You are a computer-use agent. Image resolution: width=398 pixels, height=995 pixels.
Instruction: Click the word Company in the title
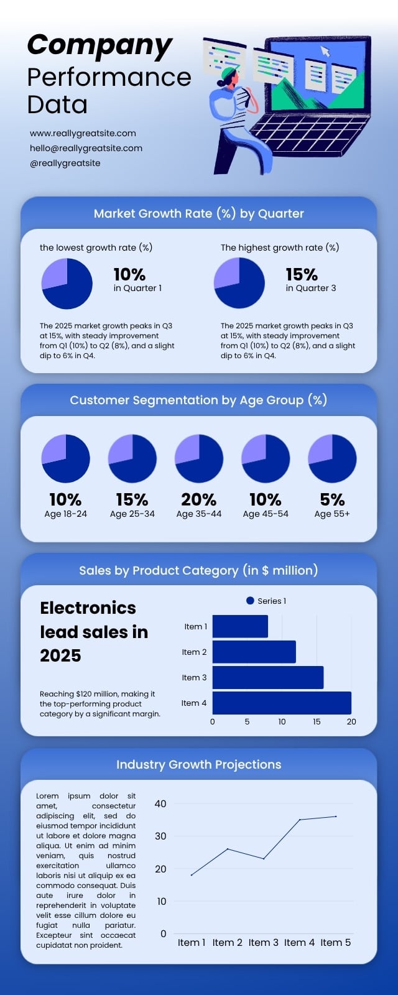click(x=99, y=46)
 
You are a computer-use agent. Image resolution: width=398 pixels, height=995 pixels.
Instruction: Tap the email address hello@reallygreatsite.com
click(x=86, y=148)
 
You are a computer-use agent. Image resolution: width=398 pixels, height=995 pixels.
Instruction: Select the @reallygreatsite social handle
click(x=65, y=163)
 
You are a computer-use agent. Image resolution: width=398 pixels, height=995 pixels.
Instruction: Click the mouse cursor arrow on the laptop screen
click(x=325, y=51)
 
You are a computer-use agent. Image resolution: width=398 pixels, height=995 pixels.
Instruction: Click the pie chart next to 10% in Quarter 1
click(x=67, y=284)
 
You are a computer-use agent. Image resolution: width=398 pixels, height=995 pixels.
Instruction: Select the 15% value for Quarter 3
click(x=301, y=274)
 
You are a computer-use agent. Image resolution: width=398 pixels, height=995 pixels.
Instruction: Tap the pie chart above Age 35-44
click(x=199, y=458)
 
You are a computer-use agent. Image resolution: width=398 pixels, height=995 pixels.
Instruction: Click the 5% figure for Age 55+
click(x=332, y=500)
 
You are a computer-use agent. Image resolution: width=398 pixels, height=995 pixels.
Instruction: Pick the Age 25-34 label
click(x=132, y=514)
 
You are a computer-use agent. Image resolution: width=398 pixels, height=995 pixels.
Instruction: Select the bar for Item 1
click(x=240, y=626)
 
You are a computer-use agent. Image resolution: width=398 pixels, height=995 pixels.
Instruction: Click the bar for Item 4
click(x=282, y=703)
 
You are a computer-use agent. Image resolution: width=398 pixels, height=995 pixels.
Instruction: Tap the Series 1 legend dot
click(x=250, y=601)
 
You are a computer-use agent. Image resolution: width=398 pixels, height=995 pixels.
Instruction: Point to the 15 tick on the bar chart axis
click(x=317, y=722)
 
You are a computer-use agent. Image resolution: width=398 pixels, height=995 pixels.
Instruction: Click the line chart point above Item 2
click(x=228, y=849)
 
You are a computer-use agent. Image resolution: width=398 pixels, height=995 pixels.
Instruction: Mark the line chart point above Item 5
click(x=336, y=817)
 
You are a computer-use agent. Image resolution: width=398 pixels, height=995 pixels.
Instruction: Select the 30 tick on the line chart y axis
click(x=160, y=836)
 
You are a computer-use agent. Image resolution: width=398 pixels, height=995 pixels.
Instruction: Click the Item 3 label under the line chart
click(x=264, y=943)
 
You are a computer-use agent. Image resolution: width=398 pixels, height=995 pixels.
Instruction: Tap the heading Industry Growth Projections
click(x=198, y=764)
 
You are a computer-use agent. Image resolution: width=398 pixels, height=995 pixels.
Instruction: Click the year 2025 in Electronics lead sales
click(x=60, y=655)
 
